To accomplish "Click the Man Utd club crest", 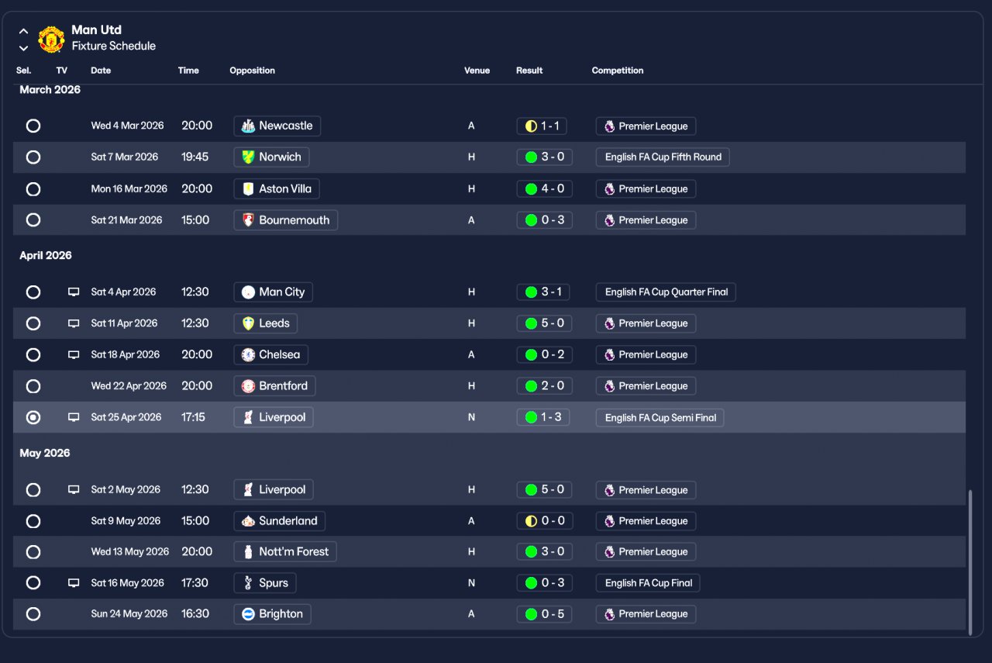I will point(51,39).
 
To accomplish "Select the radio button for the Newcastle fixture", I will point(33,126).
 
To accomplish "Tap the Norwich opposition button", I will point(271,157).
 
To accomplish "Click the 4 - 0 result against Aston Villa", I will point(544,188).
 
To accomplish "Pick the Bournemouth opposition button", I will point(285,220).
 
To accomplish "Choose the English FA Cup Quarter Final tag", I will point(666,292).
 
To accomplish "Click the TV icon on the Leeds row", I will point(74,323).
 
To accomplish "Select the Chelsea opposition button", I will point(270,354).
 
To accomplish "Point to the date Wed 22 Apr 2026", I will point(129,386).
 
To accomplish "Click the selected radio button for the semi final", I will point(33,417).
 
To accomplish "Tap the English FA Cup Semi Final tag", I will point(660,418).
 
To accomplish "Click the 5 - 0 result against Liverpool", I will point(544,489).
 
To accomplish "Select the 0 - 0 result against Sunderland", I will point(544,521).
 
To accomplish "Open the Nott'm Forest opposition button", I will point(284,552).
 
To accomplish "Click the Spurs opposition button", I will point(264,583).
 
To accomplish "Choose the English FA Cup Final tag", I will point(648,583).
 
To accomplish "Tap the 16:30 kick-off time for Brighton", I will point(195,613).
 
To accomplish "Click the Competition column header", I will point(618,71).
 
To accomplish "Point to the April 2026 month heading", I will point(46,255).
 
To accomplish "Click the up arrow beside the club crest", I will point(23,32).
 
